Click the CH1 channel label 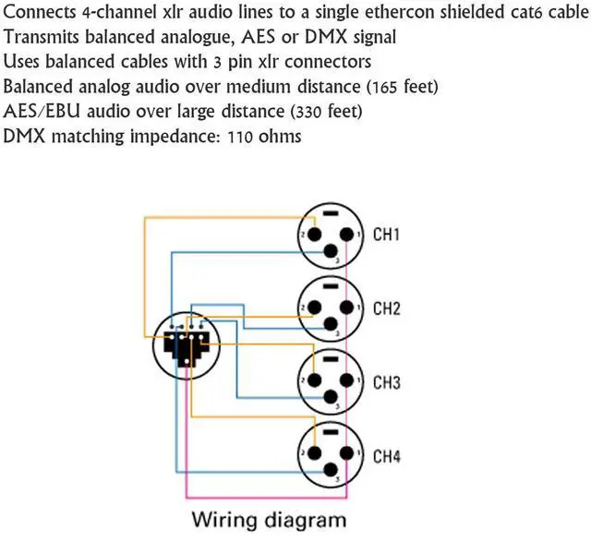pyautogui.click(x=385, y=235)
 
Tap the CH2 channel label pyautogui.click(x=385, y=308)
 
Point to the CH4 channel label pyautogui.click(x=385, y=455)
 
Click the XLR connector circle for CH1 pyautogui.click(x=324, y=236)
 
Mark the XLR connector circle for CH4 pyautogui.click(x=324, y=455)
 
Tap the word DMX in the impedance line pyautogui.click(x=24, y=136)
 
